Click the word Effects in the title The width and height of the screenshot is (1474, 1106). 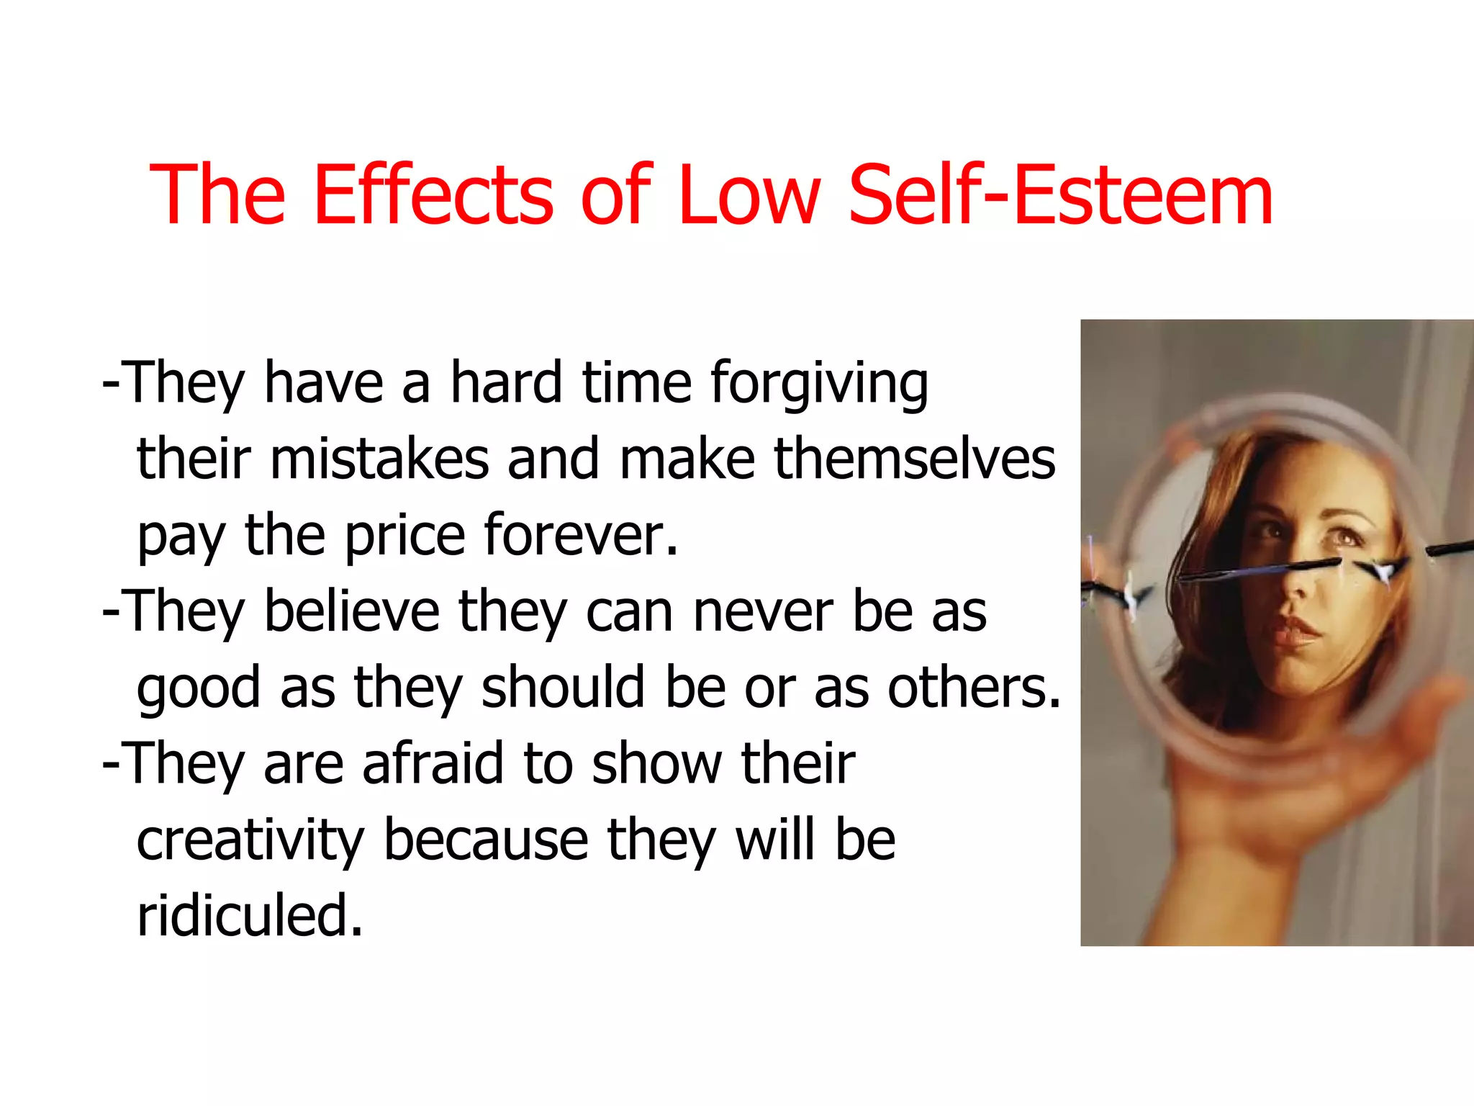point(434,194)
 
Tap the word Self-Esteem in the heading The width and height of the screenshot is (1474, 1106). point(1061,194)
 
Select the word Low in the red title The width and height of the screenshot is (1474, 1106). point(749,194)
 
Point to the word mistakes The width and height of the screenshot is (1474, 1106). point(379,459)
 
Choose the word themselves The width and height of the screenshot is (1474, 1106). point(914,459)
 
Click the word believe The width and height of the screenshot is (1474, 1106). point(352,612)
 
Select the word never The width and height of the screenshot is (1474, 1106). point(764,612)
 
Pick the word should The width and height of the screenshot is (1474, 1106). point(564,688)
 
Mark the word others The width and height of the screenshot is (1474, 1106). point(974,688)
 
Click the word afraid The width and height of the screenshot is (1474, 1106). point(433,763)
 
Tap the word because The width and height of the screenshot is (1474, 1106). point(486,840)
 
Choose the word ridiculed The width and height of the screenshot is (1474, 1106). point(249,916)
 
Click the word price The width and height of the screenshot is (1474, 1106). point(405,536)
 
